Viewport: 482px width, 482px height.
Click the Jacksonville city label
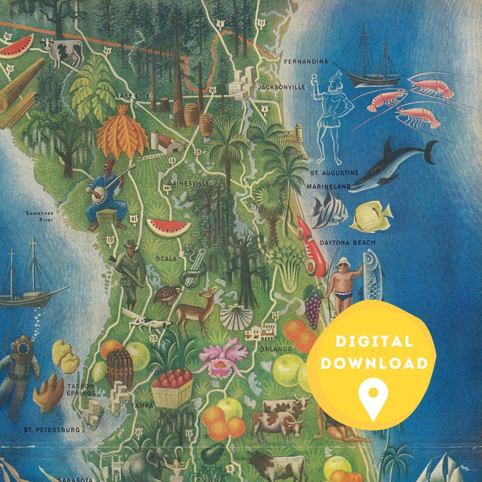(x=281, y=87)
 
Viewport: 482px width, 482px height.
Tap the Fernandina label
(x=306, y=62)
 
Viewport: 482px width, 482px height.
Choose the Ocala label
(x=167, y=259)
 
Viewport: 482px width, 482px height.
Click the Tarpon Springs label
(x=81, y=390)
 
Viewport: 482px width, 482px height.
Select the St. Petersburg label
(x=52, y=430)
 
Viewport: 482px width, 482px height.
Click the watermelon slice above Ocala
(x=168, y=227)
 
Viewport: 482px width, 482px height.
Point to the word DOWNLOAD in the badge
(x=373, y=364)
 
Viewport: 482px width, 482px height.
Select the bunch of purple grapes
(x=313, y=308)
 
